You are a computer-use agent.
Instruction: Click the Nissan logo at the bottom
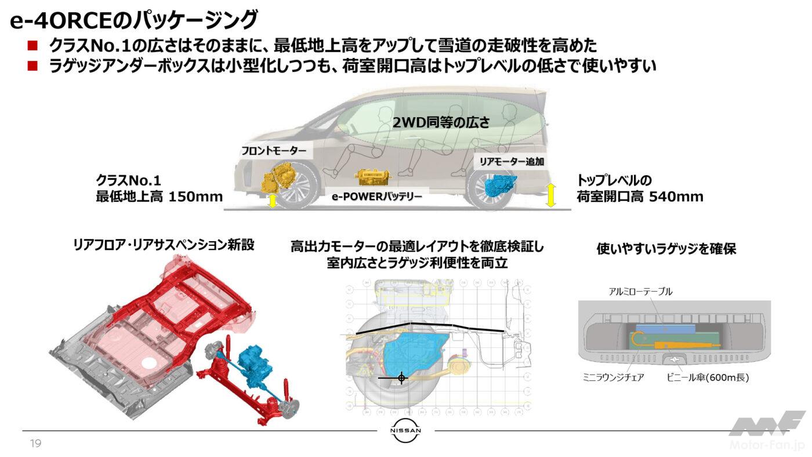(405, 431)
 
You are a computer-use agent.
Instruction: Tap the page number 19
(35, 444)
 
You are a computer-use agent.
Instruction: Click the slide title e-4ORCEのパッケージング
(133, 21)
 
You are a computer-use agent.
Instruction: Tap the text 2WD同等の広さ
(441, 122)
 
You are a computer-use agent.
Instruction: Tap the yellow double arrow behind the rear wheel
(550, 194)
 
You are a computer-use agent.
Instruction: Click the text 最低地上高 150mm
(159, 197)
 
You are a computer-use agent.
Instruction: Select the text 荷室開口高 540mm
(640, 197)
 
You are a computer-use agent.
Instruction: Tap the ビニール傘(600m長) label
(708, 378)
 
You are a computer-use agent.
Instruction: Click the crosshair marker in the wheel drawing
(401, 378)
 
